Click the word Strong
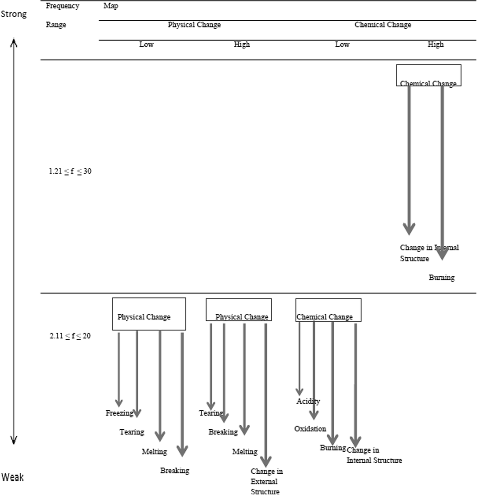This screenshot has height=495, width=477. [14, 14]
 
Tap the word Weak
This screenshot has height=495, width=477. [13, 477]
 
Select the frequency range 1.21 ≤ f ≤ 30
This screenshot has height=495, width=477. [70, 171]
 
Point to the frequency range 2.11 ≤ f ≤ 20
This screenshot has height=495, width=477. [70, 336]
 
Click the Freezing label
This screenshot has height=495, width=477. [119, 413]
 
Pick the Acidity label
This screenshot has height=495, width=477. [308, 402]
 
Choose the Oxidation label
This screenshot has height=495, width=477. [310, 429]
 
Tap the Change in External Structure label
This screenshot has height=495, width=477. [266, 481]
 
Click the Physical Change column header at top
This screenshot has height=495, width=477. [194, 25]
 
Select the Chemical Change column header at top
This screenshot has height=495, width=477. [383, 25]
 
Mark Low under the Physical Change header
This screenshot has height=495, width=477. [146, 44]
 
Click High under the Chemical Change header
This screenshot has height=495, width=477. [435, 44]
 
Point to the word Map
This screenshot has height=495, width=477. [111, 6]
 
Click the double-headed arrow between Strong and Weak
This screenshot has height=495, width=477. [14, 241]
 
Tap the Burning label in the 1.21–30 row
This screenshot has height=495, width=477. [442, 278]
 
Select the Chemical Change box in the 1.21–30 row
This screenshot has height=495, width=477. [429, 76]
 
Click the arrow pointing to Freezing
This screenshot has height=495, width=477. [119, 369]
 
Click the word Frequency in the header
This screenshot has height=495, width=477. [62, 6]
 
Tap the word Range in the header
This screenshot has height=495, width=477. [56, 25]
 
